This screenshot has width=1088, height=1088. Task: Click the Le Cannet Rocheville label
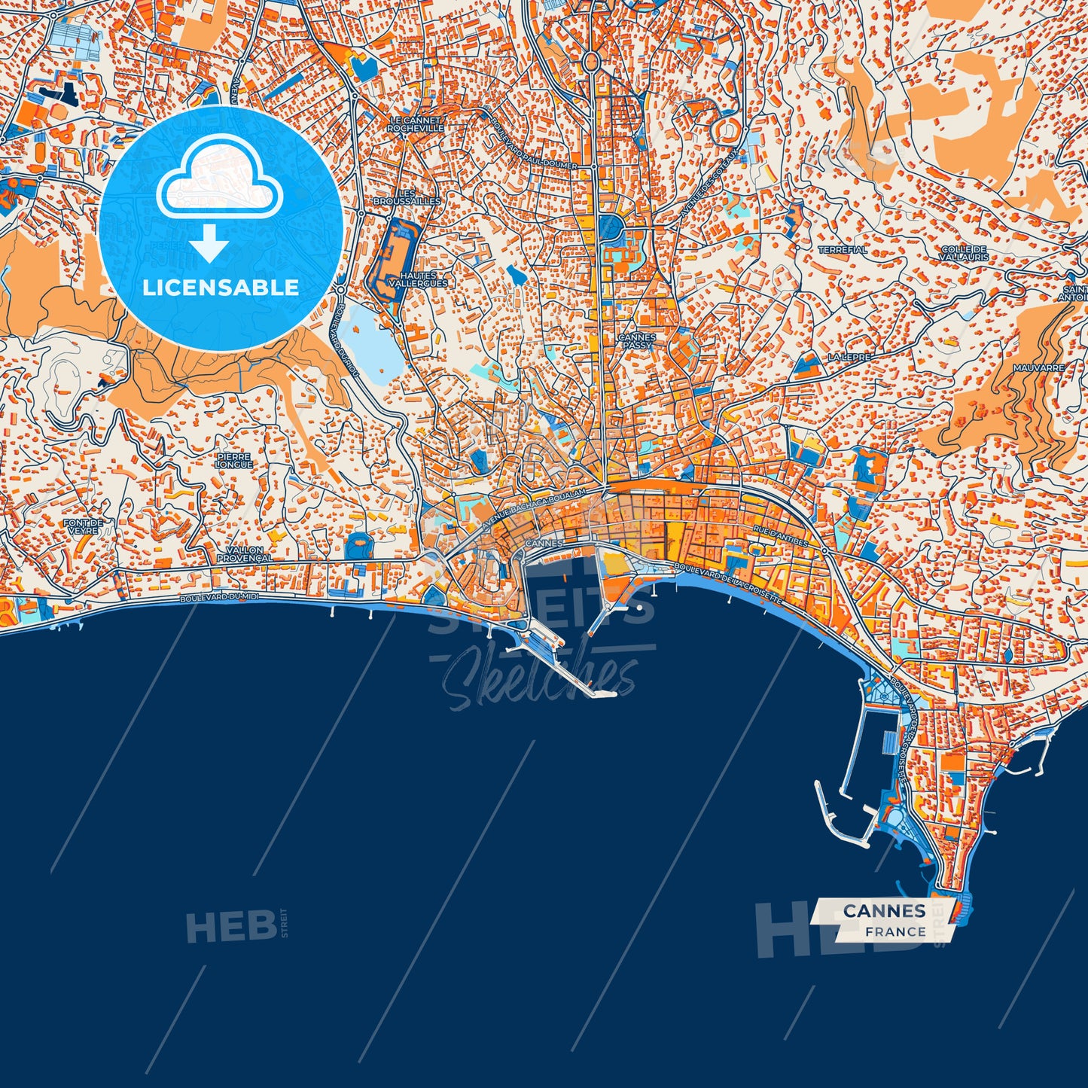416,124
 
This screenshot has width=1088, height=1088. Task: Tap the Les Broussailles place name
407,197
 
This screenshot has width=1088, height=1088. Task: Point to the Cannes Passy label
637,341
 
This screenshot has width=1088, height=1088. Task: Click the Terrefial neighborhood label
843,249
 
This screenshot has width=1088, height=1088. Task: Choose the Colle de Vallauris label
964,253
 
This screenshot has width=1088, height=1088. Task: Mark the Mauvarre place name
1039,368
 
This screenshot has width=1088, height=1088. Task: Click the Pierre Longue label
234,460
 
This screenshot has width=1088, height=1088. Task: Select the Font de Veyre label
82,526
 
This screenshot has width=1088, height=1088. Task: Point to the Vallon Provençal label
244,555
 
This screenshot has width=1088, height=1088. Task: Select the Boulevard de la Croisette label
728,584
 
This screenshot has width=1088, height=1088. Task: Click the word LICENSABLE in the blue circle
221,287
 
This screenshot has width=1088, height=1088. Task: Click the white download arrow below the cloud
209,243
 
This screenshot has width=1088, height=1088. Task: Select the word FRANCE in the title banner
895,931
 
